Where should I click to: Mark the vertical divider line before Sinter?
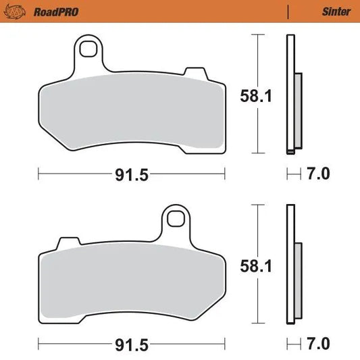(x=288, y=11)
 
